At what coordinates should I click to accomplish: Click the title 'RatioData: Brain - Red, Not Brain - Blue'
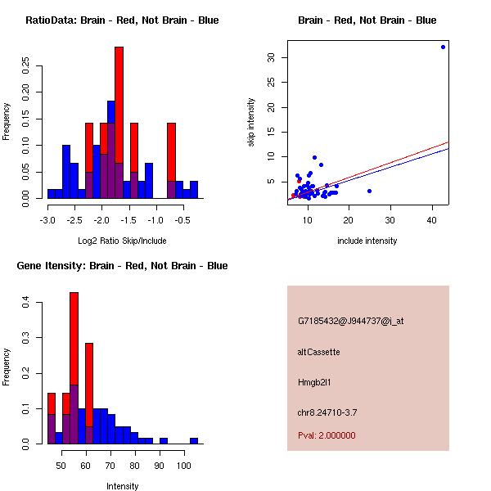click(122, 20)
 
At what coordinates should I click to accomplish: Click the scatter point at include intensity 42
click(443, 47)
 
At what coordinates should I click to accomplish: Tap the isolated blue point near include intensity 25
click(369, 191)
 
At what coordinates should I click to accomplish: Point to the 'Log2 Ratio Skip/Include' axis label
click(122, 241)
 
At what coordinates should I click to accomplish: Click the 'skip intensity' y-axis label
click(252, 123)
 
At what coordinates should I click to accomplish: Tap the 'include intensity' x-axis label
click(367, 241)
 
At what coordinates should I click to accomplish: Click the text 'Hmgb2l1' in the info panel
click(316, 382)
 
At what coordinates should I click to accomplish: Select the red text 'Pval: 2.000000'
click(327, 435)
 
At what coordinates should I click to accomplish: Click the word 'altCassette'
click(318, 352)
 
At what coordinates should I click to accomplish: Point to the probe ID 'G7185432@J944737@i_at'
click(350, 321)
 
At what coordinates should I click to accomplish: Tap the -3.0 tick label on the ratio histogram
click(47, 220)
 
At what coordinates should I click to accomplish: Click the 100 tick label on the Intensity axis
click(186, 466)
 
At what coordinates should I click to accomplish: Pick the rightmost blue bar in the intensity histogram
click(194, 440)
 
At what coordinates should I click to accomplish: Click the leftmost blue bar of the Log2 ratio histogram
click(51, 194)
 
